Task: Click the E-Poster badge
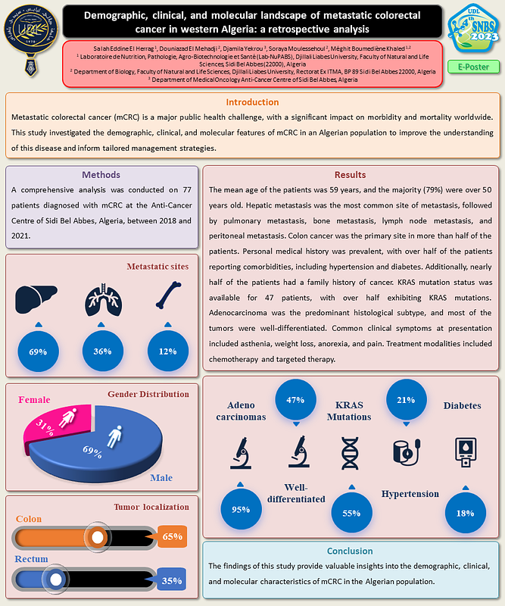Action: (x=472, y=67)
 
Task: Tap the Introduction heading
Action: (x=252, y=102)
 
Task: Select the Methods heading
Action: (x=101, y=174)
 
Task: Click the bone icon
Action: (x=167, y=298)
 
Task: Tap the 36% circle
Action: (x=103, y=351)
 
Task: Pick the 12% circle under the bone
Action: (x=167, y=351)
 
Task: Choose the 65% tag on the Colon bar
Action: (x=173, y=536)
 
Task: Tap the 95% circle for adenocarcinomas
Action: (x=241, y=509)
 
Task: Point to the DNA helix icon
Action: (x=350, y=453)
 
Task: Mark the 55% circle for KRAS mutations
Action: (x=351, y=513)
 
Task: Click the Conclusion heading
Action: (x=350, y=551)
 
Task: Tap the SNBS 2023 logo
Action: (x=472, y=28)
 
